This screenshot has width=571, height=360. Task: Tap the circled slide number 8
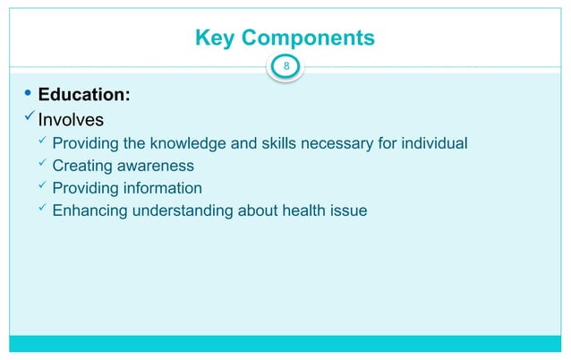286,65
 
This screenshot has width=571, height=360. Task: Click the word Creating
81,166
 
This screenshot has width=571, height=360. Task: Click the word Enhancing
88,211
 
